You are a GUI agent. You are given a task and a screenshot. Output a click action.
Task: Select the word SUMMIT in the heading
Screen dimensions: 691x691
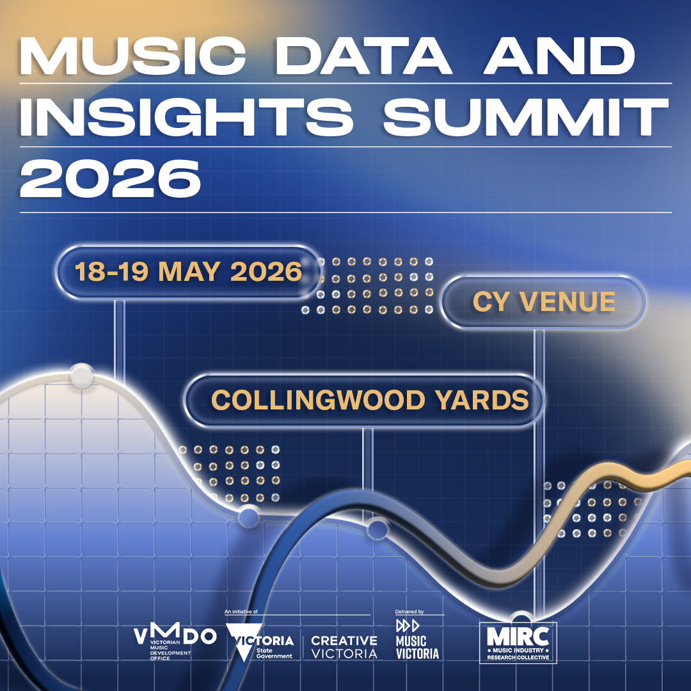pos(519,118)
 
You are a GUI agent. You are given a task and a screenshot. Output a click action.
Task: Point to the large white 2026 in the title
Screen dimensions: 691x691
pos(110,179)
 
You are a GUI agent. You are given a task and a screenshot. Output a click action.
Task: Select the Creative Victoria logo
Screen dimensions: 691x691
pos(344,647)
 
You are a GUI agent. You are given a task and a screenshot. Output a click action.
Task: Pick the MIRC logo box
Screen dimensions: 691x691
pos(518,642)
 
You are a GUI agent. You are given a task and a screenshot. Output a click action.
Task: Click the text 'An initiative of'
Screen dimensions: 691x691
pos(241,612)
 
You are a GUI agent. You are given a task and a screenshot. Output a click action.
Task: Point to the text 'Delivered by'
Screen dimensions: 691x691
pos(410,612)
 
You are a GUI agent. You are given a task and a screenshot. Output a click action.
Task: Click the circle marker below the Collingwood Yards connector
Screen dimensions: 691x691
pos(377,529)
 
